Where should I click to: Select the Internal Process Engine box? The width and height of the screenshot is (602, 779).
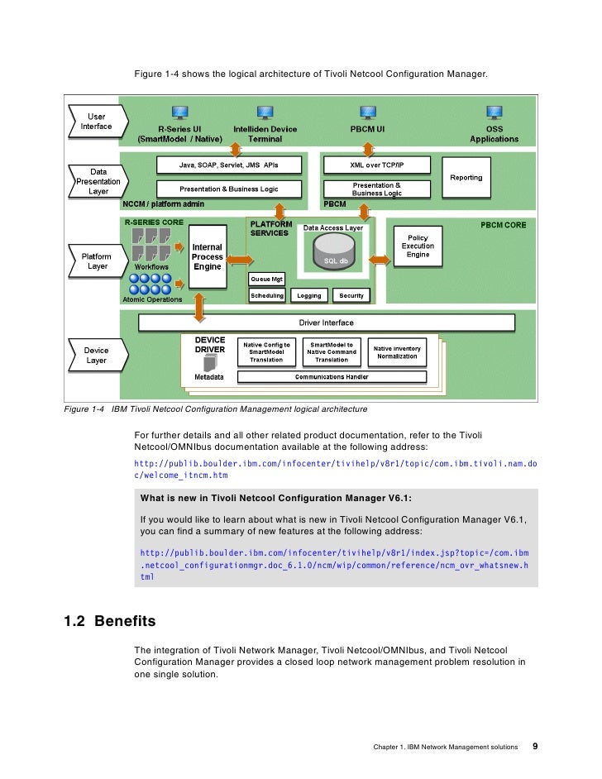click(207, 256)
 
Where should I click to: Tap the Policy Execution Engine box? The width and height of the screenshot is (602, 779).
click(418, 246)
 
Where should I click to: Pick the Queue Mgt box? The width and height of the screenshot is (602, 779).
click(267, 280)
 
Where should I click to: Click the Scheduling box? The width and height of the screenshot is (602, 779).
click(267, 295)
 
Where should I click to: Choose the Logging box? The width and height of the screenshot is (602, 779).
click(309, 295)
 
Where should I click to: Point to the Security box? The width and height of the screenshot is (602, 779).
click(351, 295)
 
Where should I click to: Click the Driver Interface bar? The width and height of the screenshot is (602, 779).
click(326, 323)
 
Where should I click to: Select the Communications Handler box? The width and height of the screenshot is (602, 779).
click(332, 377)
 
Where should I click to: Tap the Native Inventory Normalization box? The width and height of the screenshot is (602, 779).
click(397, 352)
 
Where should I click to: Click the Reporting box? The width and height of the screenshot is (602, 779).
click(466, 177)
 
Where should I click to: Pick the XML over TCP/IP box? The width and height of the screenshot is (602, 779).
click(377, 165)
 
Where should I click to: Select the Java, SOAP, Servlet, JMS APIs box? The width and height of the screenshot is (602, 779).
click(229, 165)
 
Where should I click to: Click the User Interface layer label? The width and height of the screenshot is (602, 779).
click(96, 121)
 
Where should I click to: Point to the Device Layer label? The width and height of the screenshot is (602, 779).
click(96, 356)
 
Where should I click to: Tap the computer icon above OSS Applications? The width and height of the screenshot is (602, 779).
click(494, 112)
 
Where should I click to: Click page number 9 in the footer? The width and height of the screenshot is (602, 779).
click(535, 746)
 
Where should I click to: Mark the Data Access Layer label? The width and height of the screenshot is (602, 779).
click(332, 227)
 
